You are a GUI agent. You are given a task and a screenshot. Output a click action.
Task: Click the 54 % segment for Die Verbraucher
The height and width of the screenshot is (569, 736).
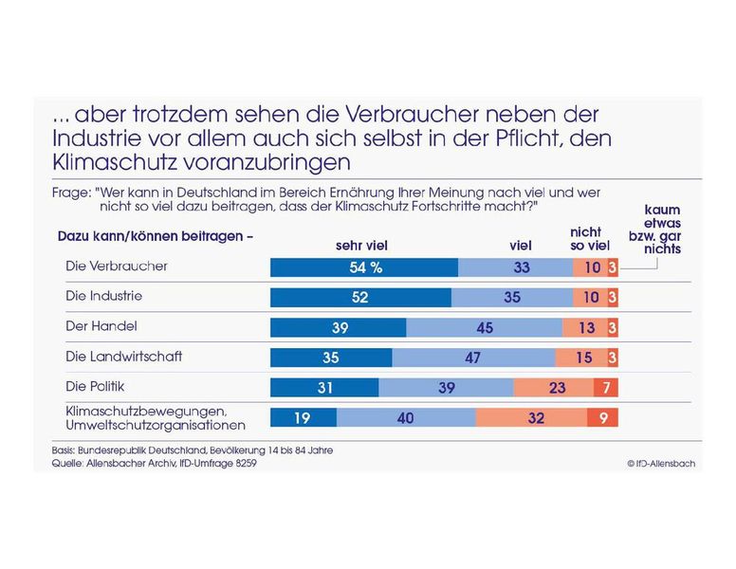pyautogui.click(x=364, y=267)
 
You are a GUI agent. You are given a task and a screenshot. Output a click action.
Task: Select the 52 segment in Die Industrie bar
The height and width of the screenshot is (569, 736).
pyautogui.click(x=361, y=298)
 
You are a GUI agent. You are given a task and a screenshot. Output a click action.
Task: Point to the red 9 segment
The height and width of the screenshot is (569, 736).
pyautogui.click(x=603, y=418)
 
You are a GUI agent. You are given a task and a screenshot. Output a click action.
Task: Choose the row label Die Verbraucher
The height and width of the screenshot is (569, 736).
pyautogui.click(x=117, y=266)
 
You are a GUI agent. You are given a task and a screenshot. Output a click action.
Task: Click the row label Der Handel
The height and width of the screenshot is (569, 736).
pyautogui.click(x=101, y=326)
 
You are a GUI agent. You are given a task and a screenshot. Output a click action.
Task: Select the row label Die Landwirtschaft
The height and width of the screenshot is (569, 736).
pyautogui.click(x=123, y=357)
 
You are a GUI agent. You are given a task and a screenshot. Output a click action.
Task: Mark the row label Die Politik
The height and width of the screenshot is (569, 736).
pyautogui.click(x=96, y=387)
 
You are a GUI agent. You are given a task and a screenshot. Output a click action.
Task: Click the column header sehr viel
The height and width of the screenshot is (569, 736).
pyautogui.click(x=361, y=246)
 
